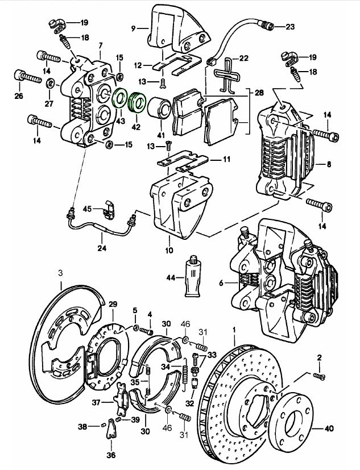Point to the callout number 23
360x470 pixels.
pos(290,27)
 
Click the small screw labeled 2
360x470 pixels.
pos(320,375)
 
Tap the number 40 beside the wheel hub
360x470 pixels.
pos(346,425)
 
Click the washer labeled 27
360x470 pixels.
pos(49,84)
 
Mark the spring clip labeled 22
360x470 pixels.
pos(228,74)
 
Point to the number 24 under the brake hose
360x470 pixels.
pos(102,247)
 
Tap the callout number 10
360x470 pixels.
pos(168,249)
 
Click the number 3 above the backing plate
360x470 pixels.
pos(61,273)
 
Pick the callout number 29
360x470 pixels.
pos(113,304)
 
